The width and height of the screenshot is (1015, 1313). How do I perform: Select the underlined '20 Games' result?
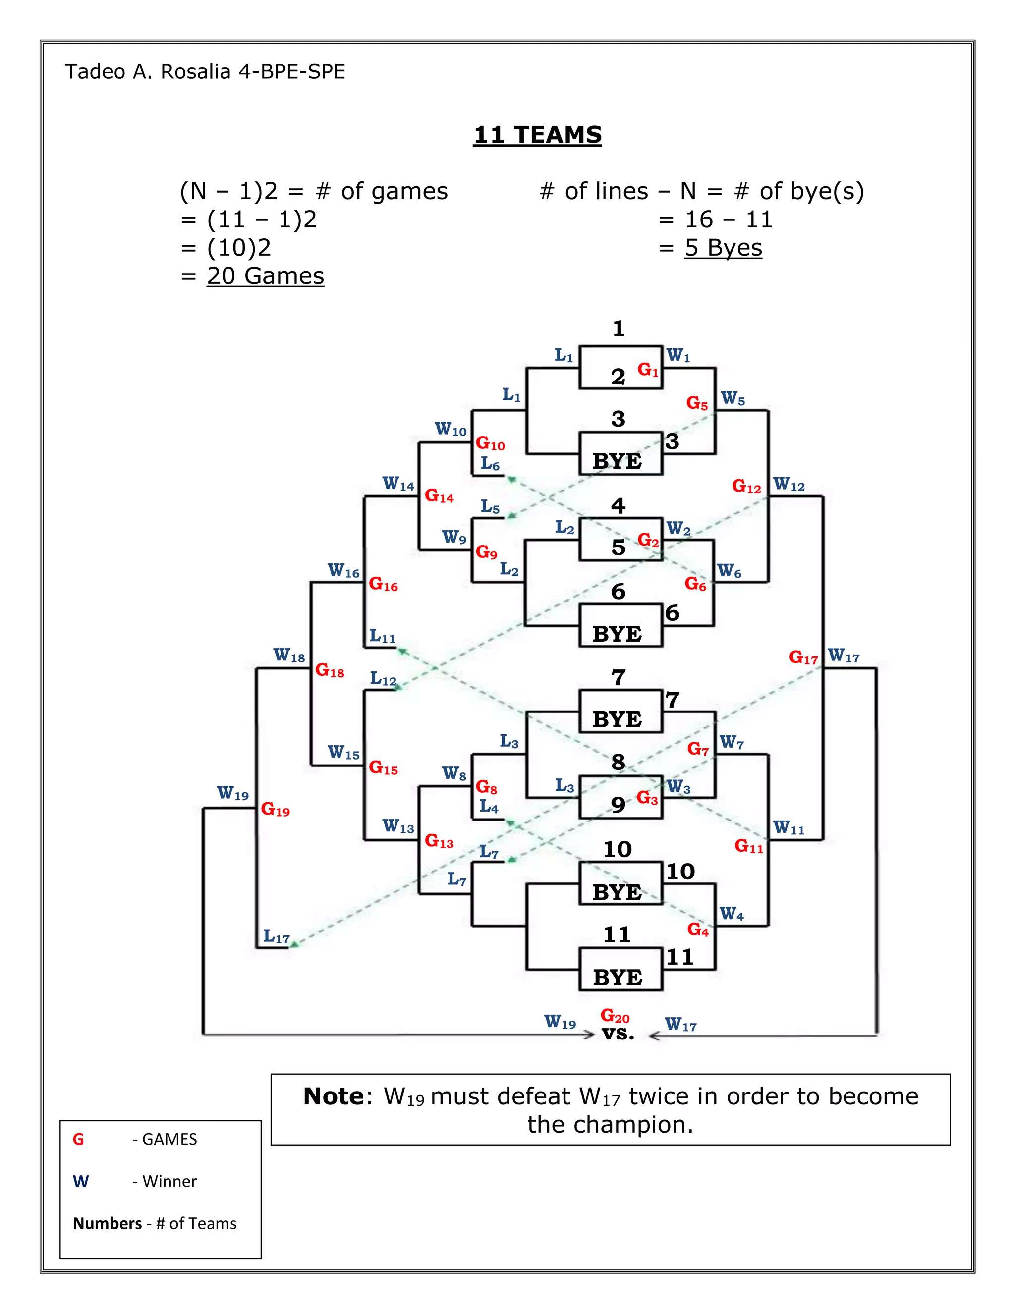265,276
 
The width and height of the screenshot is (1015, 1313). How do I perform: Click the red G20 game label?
615,1016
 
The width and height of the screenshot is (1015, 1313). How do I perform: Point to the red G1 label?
648,370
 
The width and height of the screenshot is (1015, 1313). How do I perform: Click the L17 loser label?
276,936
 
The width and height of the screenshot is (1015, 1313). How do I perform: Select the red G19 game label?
275,809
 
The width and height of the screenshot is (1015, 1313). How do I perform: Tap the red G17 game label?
803,657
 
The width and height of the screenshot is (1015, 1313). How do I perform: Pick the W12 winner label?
789,484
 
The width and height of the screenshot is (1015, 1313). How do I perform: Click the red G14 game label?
439,496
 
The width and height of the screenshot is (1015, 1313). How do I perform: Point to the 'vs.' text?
618,1034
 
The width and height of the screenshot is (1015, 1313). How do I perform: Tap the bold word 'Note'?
333,1096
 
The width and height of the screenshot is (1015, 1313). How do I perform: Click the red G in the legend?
78,1139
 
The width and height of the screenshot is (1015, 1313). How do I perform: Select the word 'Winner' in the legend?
169,1181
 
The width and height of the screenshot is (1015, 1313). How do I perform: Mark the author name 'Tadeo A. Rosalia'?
148,71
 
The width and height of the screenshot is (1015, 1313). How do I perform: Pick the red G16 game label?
383,584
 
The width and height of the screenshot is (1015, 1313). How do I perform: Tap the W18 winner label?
289,656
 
